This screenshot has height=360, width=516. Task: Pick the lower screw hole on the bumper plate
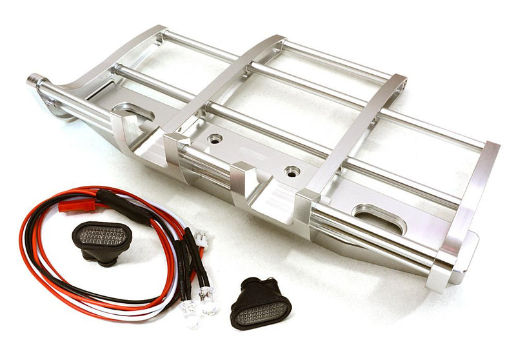coord(292,172)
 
